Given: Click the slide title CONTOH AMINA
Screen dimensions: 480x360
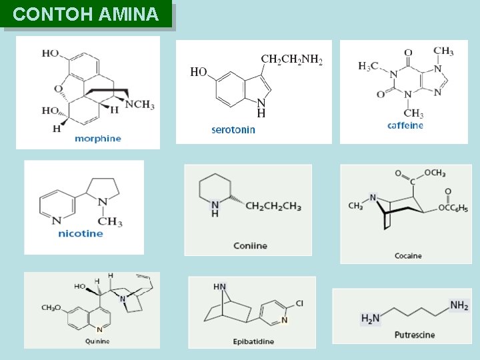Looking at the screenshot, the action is click(x=86, y=14).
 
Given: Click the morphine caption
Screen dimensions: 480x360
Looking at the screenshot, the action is click(x=98, y=139).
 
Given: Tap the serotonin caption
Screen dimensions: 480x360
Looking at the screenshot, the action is click(x=233, y=130).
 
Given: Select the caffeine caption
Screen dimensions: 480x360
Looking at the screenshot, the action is click(x=405, y=125).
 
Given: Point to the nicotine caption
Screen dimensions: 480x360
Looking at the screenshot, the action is click(x=81, y=233).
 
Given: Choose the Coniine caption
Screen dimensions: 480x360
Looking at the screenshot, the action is click(x=250, y=246).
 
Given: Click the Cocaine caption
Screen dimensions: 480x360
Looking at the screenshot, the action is click(x=408, y=255).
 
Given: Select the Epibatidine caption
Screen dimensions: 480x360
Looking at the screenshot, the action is click(x=253, y=342).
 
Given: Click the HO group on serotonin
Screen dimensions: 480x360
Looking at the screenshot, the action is click(x=199, y=72).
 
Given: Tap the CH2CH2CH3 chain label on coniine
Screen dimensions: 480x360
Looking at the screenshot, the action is click(x=273, y=206).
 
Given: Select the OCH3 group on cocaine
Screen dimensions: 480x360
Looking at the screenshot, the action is click(x=435, y=173).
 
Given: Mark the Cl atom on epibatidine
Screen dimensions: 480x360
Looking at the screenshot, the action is click(x=299, y=304).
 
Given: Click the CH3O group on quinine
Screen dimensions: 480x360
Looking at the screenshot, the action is click(x=51, y=308).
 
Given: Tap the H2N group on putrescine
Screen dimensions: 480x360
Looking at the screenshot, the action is click(x=370, y=319).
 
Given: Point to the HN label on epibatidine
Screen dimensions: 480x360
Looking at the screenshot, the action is click(x=220, y=287).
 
